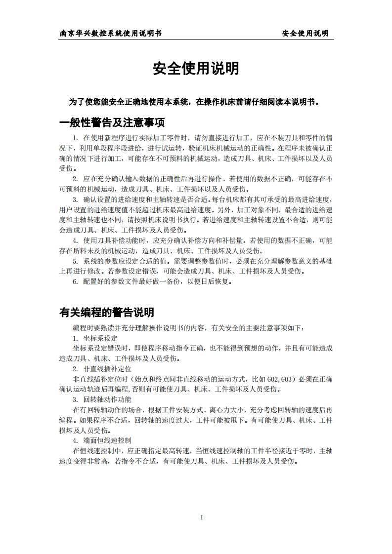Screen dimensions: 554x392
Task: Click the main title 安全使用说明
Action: pyautogui.click(x=196, y=69)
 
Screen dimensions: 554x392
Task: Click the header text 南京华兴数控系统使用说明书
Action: pyautogui.click(x=111, y=33)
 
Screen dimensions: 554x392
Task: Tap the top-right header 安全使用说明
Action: pyautogui.click(x=305, y=33)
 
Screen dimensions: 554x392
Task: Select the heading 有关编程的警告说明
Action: pyautogui.click(x=106, y=312)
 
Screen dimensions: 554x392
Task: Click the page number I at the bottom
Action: pyautogui.click(x=202, y=517)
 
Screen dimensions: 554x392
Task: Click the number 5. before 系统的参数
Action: pyautogui.click(x=75, y=261)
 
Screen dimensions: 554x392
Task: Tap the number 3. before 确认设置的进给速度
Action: pyautogui.click(x=75, y=199)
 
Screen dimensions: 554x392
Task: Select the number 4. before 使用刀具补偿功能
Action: pyautogui.click(x=75, y=240)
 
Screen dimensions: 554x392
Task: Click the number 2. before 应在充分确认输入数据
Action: pyautogui.click(x=75, y=179)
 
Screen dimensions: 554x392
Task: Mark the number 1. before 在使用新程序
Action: pyautogui.click(x=75, y=138)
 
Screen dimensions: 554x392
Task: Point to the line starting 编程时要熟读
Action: pyautogui.click(x=189, y=328)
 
